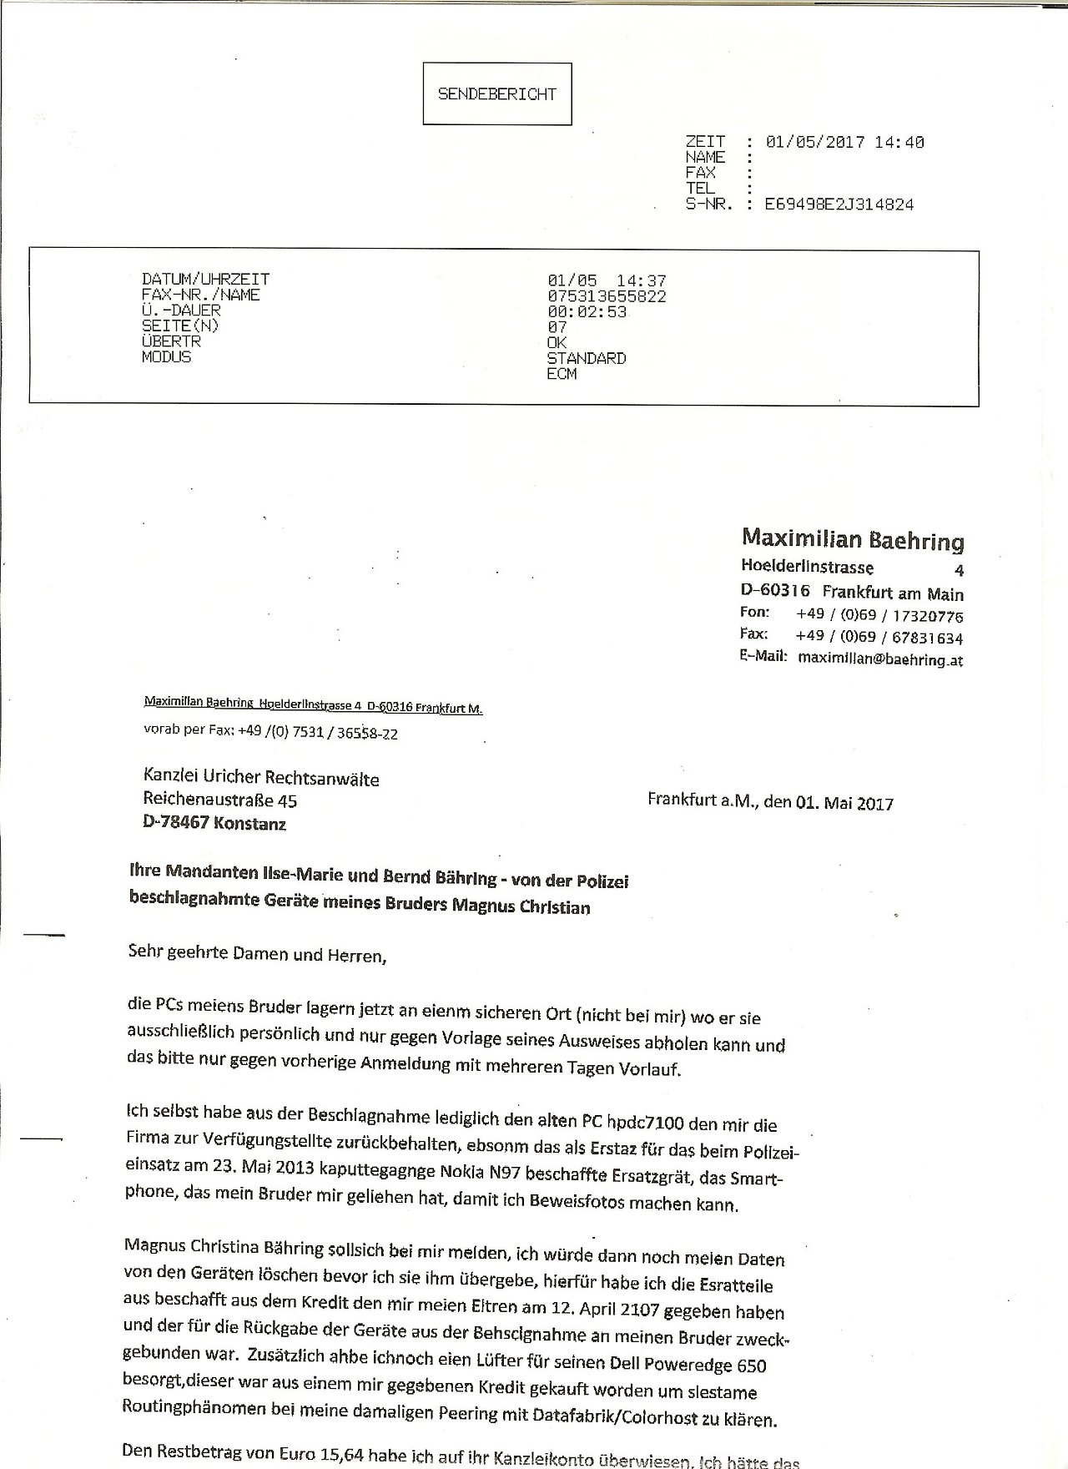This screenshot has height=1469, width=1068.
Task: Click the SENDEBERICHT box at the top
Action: pos(496,94)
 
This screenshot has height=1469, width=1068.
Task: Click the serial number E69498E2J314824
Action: pos(839,204)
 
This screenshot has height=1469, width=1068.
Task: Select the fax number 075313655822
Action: pos(607,296)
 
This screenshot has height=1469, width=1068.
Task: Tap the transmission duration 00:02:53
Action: pos(587,312)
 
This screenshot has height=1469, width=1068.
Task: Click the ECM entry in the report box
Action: pos(562,374)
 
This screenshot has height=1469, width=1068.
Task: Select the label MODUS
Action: pos(167,357)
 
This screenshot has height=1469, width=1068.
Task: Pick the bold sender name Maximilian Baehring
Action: pos(853,540)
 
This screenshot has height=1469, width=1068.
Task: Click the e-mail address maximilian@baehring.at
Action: pos(880,659)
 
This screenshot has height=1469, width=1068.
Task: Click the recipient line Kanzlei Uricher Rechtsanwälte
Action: pos(261,779)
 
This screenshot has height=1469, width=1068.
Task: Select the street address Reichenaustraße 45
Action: pos(219,800)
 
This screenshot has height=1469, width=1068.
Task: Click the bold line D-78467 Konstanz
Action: pos(214,824)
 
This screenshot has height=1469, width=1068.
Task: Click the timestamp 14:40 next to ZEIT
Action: pos(899,143)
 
